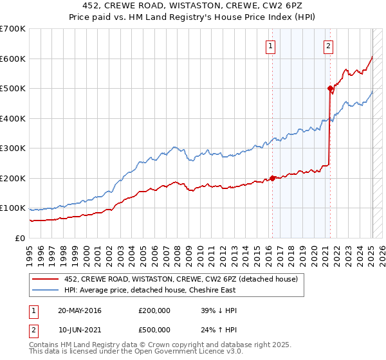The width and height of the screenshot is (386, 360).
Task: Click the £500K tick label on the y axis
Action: coord(13,89)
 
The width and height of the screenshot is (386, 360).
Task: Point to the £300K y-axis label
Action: coord(13,148)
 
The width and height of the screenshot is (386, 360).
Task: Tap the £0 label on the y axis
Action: coord(20,238)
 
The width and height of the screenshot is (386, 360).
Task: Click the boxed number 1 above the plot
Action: coord(270,46)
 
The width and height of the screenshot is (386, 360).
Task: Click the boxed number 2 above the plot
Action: coord(328,46)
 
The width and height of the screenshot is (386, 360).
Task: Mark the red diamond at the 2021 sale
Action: coord(330,89)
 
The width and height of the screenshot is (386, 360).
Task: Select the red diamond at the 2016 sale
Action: coord(272,178)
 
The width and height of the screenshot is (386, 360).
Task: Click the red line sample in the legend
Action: coord(46,279)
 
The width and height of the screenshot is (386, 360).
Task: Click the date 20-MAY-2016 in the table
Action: coord(80,310)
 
